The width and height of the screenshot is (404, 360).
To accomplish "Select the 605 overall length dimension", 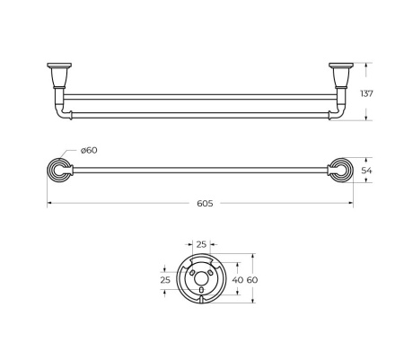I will click(204, 204).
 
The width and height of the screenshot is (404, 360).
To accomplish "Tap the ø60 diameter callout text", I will click(88, 150).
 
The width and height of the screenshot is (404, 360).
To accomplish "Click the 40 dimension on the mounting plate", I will click(237, 280).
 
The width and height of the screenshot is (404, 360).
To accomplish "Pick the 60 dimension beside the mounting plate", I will click(252, 280).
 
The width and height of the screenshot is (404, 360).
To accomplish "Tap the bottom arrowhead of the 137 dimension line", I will click(366, 119).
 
